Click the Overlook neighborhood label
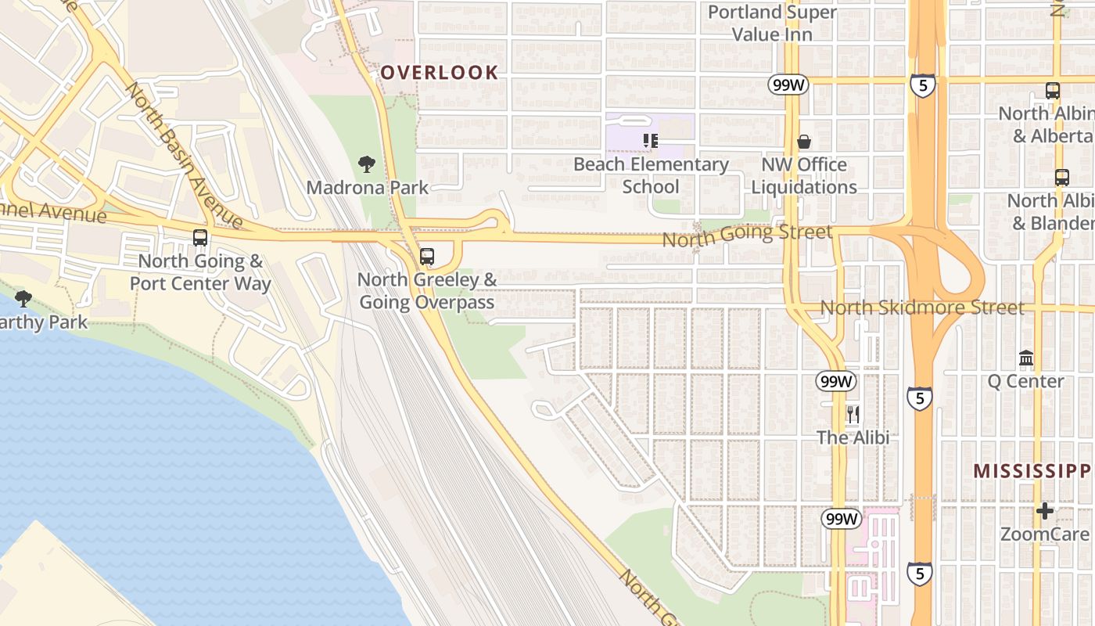click(439, 73)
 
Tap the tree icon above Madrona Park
click(366, 164)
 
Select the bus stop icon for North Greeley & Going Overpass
click(427, 256)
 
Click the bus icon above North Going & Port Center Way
click(200, 238)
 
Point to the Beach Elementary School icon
click(650, 141)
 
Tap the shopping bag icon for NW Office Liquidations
click(804, 142)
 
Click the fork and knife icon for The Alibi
click(853, 414)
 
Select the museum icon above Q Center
click(1026, 358)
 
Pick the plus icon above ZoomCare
click(1045, 511)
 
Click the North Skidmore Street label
click(922, 308)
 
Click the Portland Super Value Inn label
click(772, 23)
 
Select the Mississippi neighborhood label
click(1032, 471)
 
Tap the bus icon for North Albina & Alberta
click(1053, 91)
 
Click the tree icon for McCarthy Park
click(23, 298)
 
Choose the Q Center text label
click(1025, 381)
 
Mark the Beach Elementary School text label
click(651, 175)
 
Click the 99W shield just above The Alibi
click(836, 381)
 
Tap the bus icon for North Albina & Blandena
click(1061, 178)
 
